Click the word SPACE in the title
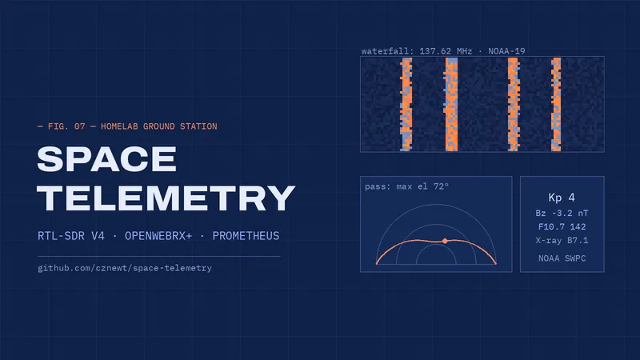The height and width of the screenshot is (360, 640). click(x=107, y=159)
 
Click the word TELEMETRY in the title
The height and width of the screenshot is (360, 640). click(x=166, y=198)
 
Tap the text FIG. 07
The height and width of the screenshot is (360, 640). click(x=66, y=126)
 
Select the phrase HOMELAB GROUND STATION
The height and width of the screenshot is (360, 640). click(x=158, y=126)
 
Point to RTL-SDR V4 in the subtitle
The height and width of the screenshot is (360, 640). click(x=71, y=236)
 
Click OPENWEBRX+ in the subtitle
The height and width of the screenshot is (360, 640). click(x=158, y=236)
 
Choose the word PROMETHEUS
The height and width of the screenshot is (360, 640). click(x=246, y=236)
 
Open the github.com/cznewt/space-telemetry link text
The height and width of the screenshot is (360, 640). click(x=125, y=268)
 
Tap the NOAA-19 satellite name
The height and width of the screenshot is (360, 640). click(x=506, y=51)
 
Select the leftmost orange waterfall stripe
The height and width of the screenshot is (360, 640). click(x=406, y=105)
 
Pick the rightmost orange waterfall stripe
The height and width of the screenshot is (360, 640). click(x=556, y=105)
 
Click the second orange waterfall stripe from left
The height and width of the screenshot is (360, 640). click(x=451, y=105)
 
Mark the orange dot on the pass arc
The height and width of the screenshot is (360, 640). click(x=445, y=242)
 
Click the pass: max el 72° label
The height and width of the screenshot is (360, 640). click(x=406, y=186)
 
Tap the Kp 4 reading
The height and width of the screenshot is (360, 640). click(x=562, y=198)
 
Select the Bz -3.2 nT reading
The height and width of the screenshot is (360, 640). click(x=562, y=213)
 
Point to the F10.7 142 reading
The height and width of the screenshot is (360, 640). click(x=562, y=227)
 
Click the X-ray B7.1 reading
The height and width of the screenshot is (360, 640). click(x=562, y=241)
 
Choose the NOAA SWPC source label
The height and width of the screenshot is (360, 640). click(x=562, y=258)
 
